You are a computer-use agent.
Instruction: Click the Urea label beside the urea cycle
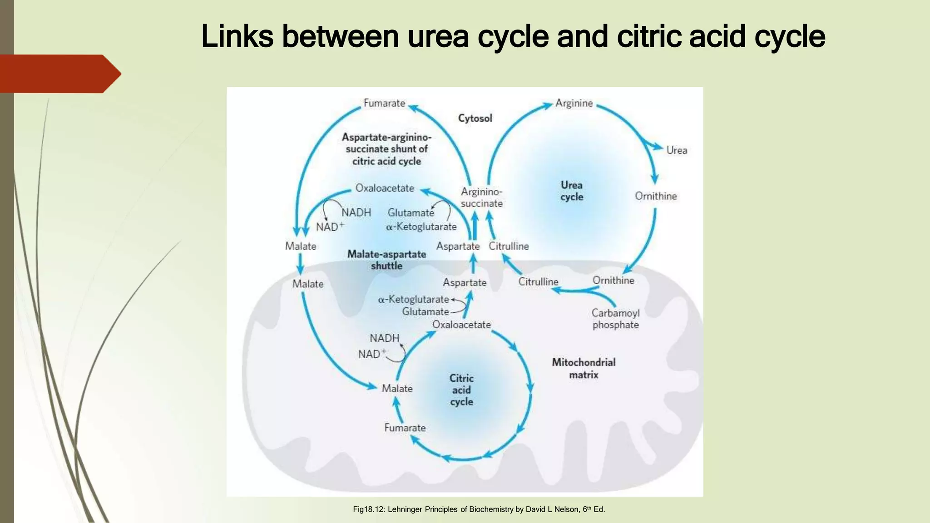pyautogui.click(x=676, y=150)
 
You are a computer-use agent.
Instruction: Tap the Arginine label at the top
pyautogui.click(x=574, y=104)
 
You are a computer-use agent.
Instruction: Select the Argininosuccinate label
pyautogui.click(x=481, y=197)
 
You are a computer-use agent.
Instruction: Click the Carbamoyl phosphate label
pyautogui.click(x=615, y=319)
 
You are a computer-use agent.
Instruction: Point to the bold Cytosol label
pyautogui.click(x=475, y=118)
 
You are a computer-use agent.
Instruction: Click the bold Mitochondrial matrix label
pyautogui.click(x=584, y=368)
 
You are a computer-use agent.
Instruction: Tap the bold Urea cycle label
pyautogui.click(x=571, y=191)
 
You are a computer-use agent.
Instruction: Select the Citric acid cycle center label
pyautogui.click(x=461, y=390)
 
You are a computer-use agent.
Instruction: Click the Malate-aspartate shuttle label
pyautogui.click(x=386, y=260)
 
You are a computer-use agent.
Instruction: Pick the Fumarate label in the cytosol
pyautogui.click(x=384, y=104)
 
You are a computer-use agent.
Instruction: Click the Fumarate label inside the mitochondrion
pyautogui.click(x=405, y=428)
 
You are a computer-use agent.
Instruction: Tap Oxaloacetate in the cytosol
pyautogui.click(x=385, y=188)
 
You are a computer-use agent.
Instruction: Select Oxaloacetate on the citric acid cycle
pyautogui.click(x=461, y=325)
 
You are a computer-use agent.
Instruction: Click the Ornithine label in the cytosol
pyautogui.click(x=655, y=196)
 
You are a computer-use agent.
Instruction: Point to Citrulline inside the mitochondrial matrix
pyautogui.click(x=538, y=282)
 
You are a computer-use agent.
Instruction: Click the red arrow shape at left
pyautogui.click(x=59, y=74)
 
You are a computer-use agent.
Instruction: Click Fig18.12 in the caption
pyautogui.click(x=368, y=509)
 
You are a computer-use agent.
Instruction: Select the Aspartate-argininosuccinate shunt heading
pyautogui.click(x=386, y=149)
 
